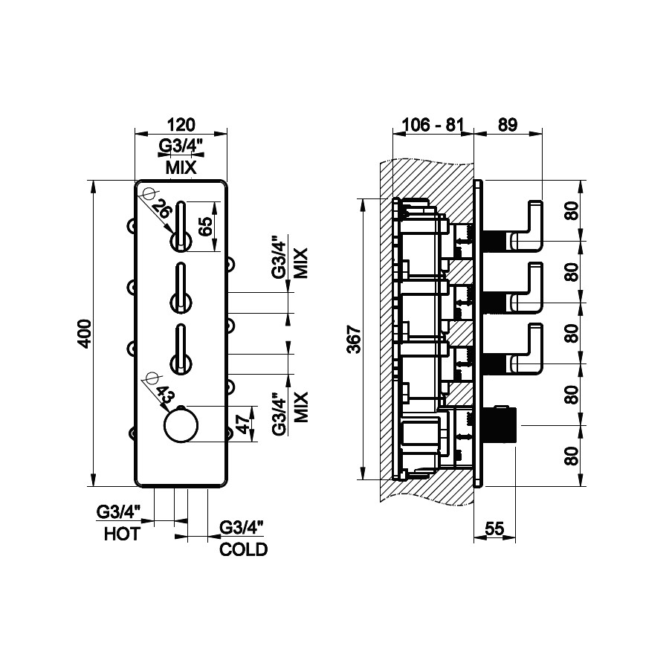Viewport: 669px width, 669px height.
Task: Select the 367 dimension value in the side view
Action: [x=353, y=339]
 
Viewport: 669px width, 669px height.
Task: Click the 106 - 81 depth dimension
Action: [x=432, y=124]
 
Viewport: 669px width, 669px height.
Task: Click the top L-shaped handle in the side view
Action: [x=529, y=222]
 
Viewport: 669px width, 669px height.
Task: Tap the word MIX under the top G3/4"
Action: [x=181, y=169]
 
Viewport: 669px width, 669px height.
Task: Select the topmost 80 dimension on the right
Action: [x=571, y=211]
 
